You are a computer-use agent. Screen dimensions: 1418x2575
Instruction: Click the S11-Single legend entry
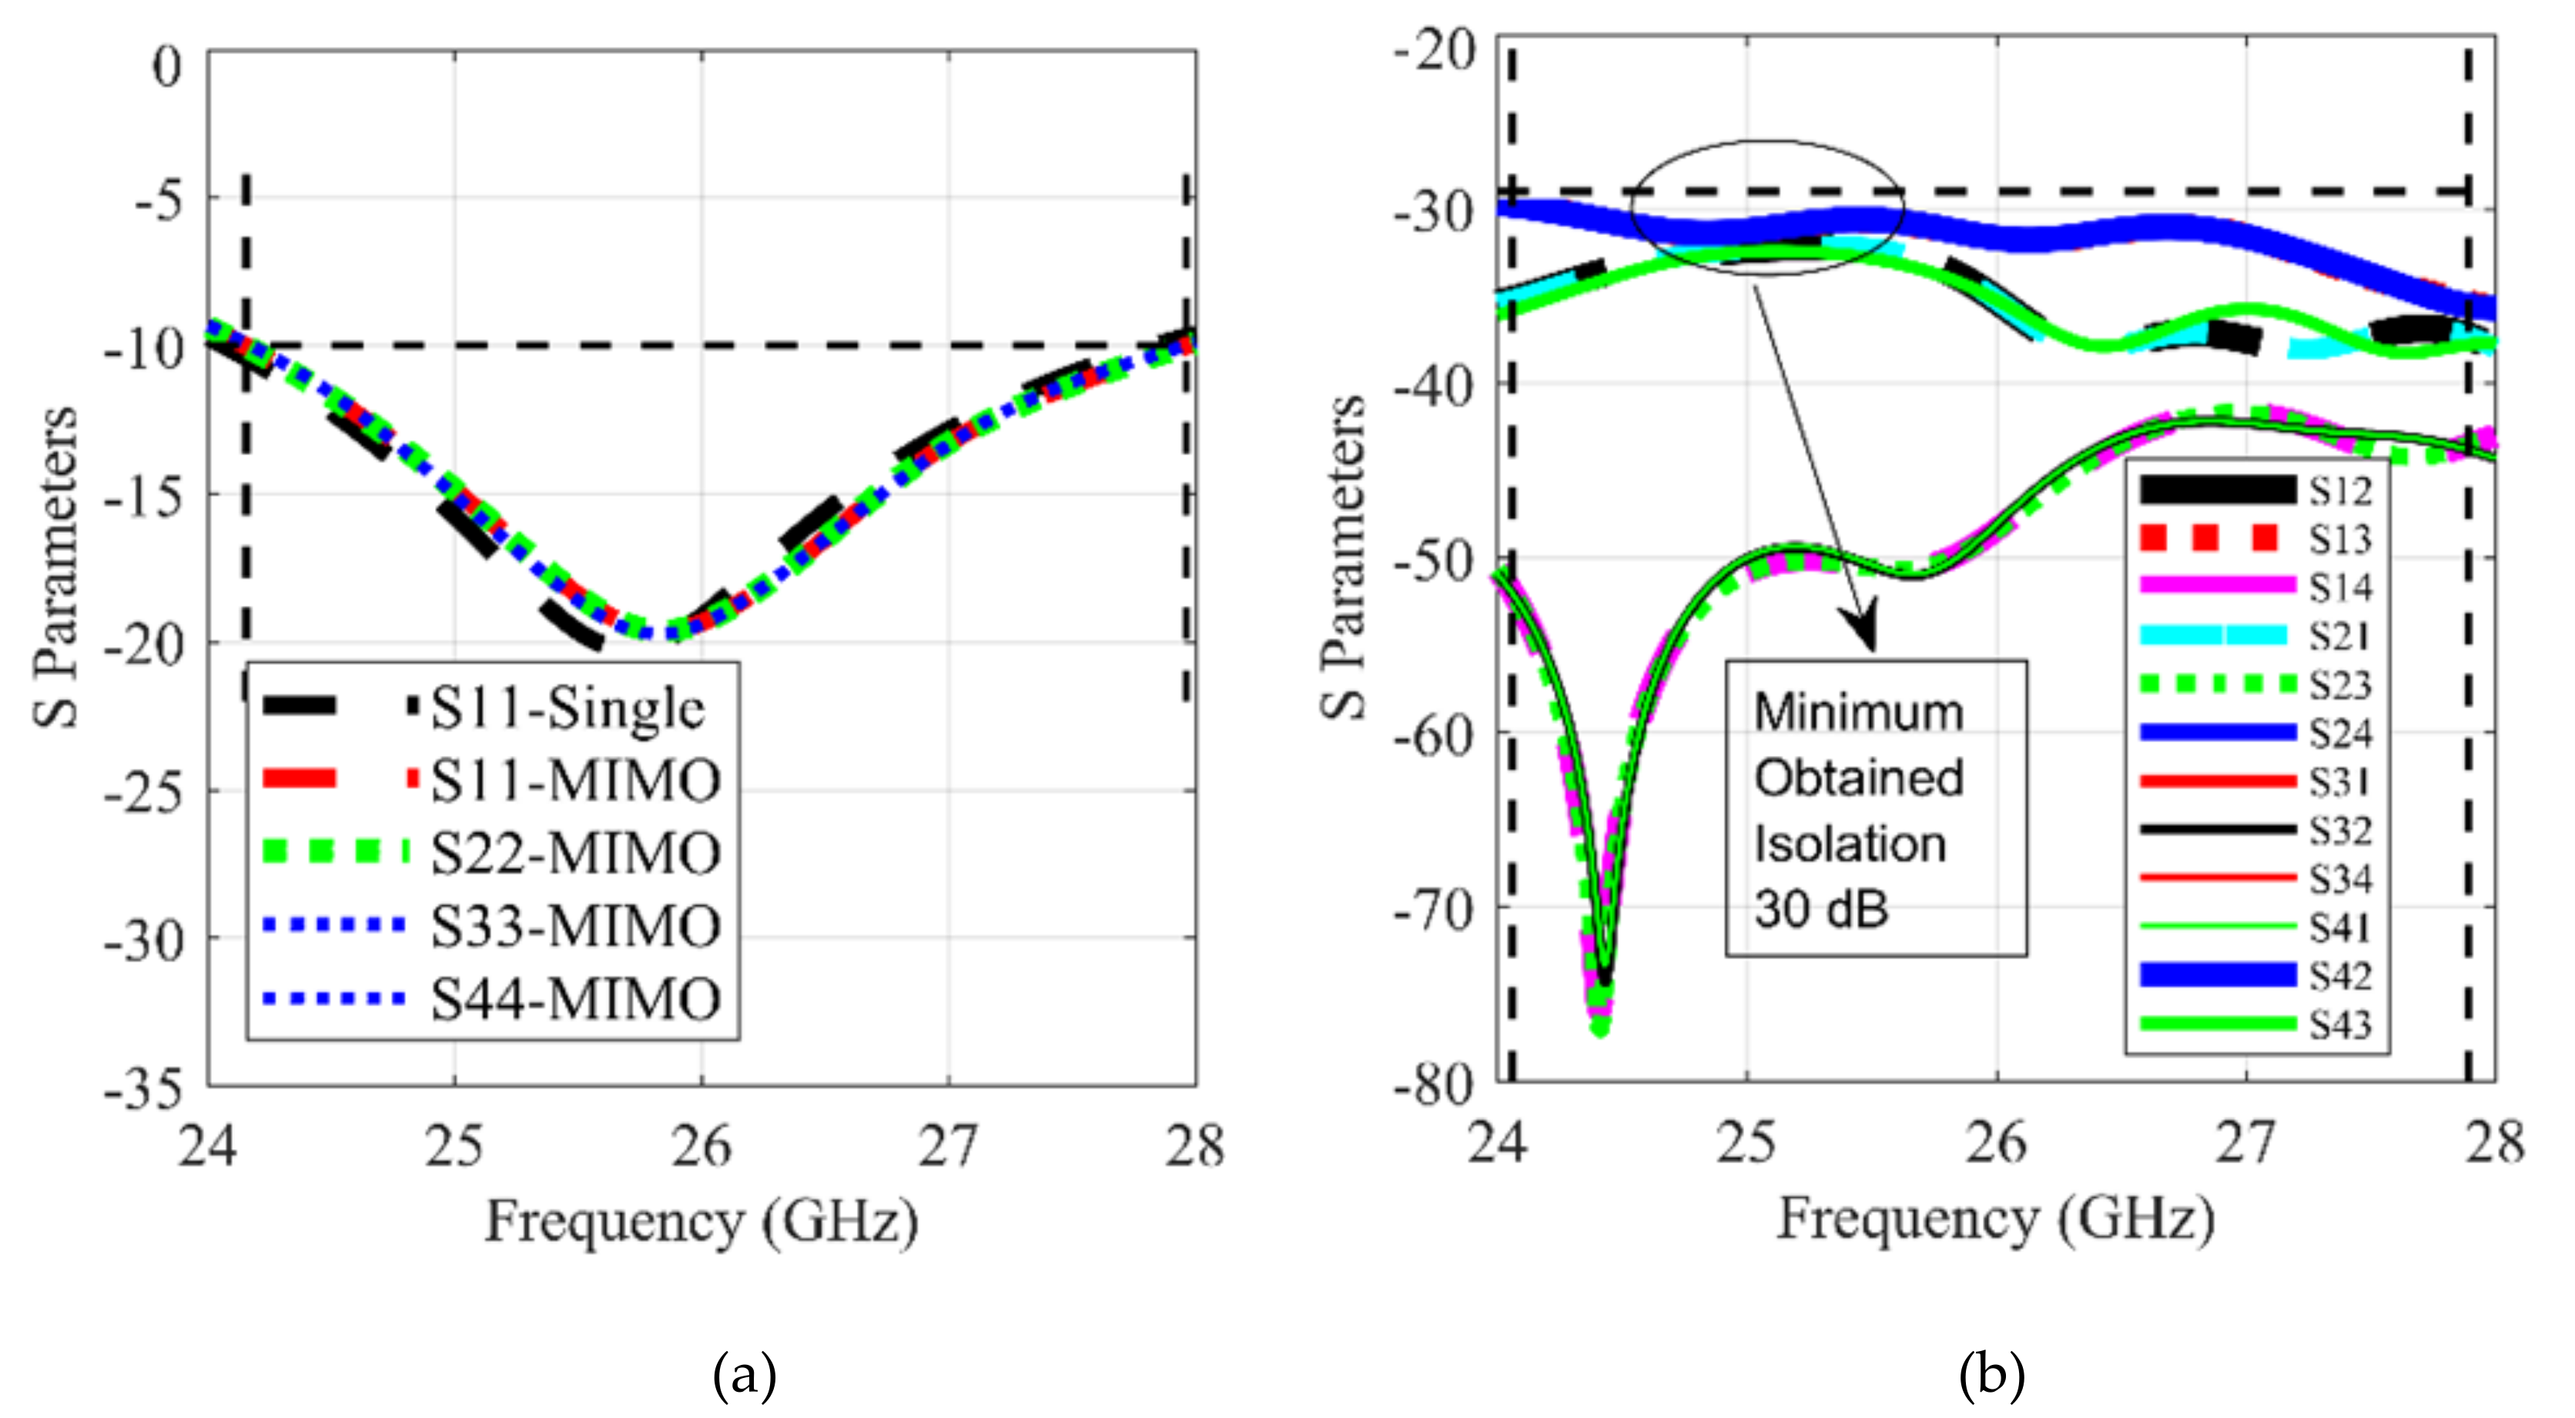(567, 708)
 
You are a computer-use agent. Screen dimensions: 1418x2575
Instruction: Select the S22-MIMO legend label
(574, 854)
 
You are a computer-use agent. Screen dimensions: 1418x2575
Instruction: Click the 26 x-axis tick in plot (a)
(701, 1145)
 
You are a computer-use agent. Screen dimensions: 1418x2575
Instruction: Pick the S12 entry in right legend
(2340, 490)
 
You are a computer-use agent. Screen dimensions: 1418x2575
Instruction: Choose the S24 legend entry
(2340, 734)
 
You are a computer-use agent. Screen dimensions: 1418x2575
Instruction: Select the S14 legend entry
(2340, 587)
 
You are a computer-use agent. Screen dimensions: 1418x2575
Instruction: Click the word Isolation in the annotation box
(1850, 844)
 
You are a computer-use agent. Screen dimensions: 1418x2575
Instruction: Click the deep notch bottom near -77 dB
(1599, 1025)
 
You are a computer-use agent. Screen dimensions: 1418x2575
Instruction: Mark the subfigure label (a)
(745, 1376)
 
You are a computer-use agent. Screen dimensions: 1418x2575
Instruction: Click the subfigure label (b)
(1992, 1376)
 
